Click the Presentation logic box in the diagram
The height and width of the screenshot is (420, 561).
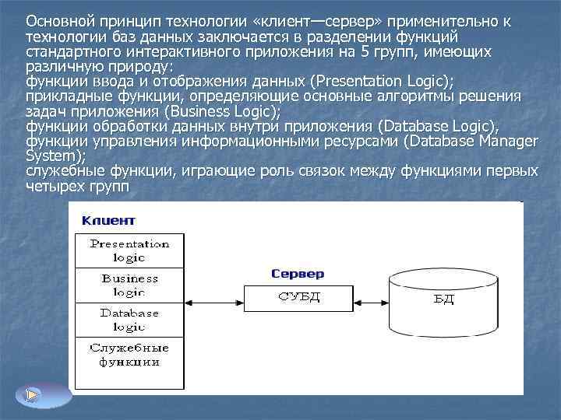click(x=129, y=250)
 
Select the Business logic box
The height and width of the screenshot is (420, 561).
click(x=129, y=285)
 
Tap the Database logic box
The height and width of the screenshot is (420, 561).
click(x=129, y=319)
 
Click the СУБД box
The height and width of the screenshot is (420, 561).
click(x=298, y=296)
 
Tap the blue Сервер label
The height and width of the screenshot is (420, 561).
click(x=298, y=274)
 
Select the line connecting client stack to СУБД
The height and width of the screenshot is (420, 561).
click(x=214, y=297)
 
